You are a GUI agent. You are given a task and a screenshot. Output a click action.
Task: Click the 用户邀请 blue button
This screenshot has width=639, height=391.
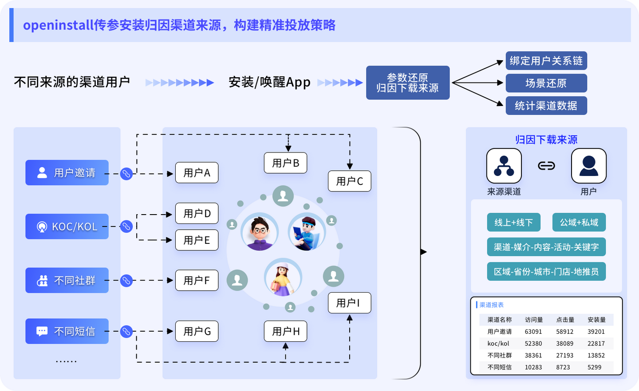click(x=67, y=172)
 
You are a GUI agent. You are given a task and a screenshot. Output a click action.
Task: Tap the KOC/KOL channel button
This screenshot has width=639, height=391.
click(x=67, y=227)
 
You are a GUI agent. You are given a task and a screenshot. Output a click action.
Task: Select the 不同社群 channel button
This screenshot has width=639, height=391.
click(x=67, y=280)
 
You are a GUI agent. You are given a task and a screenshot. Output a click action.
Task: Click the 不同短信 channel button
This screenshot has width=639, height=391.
click(x=67, y=331)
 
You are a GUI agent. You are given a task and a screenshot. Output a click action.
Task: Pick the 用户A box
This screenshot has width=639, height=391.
click(x=197, y=172)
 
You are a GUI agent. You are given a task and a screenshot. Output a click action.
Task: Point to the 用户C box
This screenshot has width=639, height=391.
click(x=349, y=181)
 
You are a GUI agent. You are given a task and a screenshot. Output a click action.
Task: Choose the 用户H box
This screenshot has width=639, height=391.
click(x=285, y=331)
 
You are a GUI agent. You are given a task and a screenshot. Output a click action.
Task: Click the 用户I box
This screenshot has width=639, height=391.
click(x=349, y=303)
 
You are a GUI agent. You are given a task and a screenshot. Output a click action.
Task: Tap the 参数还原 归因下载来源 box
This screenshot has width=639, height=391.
click(x=407, y=83)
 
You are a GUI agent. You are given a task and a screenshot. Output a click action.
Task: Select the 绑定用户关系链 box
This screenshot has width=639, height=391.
click(x=546, y=61)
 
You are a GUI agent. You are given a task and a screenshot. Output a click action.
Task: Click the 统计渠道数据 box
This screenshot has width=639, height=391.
click(x=546, y=106)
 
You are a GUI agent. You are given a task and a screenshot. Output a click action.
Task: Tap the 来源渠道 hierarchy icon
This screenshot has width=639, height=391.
click(x=504, y=166)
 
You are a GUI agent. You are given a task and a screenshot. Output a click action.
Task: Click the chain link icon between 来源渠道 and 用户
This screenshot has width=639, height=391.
click(x=546, y=166)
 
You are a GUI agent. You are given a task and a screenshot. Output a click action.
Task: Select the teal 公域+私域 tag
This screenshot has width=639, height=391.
click(x=579, y=222)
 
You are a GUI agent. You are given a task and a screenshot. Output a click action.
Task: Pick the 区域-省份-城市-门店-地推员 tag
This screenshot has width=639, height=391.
click(x=546, y=271)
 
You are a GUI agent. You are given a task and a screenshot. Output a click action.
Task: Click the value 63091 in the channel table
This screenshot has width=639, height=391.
click(x=533, y=332)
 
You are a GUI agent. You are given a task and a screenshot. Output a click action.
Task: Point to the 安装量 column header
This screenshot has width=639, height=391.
click(x=596, y=320)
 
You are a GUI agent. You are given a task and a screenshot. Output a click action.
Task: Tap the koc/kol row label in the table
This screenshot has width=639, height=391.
click(x=498, y=344)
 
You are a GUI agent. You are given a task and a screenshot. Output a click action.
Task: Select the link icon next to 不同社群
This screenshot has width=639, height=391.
click(x=126, y=280)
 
